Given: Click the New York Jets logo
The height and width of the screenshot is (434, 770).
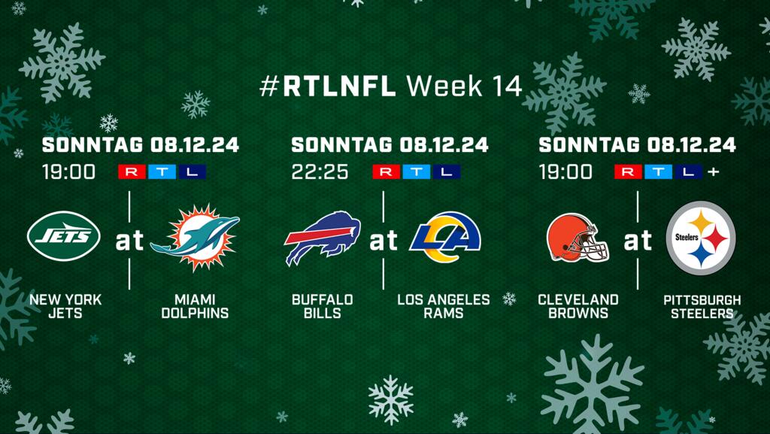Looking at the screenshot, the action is [x=64, y=236].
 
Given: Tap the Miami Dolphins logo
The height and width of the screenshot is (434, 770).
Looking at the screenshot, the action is [x=196, y=238].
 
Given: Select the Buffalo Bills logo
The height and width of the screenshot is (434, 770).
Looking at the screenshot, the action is [x=322, y=238].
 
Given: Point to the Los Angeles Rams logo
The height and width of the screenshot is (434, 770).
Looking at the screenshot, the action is [x=445, y=238].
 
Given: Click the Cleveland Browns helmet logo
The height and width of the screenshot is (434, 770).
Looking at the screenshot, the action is [x=577, y=238].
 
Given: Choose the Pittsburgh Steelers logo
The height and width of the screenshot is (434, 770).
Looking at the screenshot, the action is [x=701, y=238].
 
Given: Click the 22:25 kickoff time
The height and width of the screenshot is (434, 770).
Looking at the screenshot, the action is [x=320, y=171].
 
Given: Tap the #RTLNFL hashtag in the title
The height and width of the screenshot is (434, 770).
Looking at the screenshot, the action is [x=328, y=86].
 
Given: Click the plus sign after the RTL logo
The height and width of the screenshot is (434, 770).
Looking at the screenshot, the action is [x=714, y=171].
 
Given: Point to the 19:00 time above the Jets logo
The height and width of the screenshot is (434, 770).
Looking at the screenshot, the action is [x=68, y=171].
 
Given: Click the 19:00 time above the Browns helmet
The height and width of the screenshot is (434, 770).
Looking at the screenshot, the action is [x=565, y=171].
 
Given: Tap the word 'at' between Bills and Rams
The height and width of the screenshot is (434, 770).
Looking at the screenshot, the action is [x=383, y=240].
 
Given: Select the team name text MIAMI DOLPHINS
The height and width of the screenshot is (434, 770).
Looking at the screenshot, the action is [x=195, y=306].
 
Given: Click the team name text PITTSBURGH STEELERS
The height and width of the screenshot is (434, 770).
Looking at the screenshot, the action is [x=702, y=307].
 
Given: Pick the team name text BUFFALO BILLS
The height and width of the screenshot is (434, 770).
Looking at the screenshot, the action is [x=322, y=306].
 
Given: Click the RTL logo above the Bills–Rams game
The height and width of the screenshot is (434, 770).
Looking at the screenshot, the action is [x=417, y=171].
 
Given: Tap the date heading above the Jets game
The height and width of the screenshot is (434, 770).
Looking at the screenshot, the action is [x=141, y=145].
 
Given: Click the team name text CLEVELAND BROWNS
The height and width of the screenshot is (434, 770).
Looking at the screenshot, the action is [x=578, y=306].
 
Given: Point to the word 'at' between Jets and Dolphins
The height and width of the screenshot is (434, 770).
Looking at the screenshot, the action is [x=129, y=240].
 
